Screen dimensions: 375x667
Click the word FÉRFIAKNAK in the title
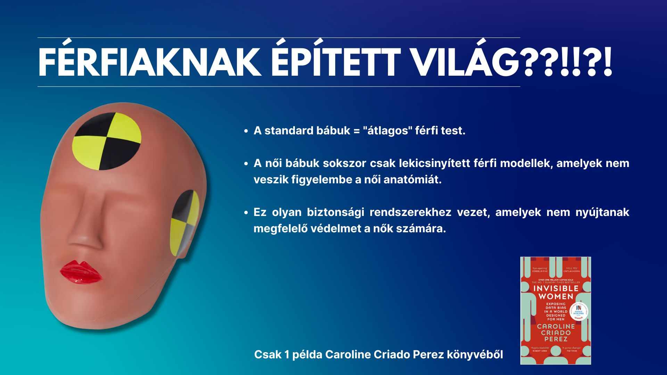pyautogui.click(x=149, y=62)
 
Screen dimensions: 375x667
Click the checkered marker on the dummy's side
pyautogui.click(x=184, y=222)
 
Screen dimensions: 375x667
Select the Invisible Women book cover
pyautogui.click(x=555, y=310)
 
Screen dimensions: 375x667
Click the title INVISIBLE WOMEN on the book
pyautogui.click(x=556, y=292)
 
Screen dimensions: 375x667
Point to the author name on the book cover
pyautogui.click(x=556, y=332)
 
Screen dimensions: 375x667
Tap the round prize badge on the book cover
pyautogui.click(x=579, y=311)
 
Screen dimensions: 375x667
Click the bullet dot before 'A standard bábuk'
pyautogui.click(x=246, y=131)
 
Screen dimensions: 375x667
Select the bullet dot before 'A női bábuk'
pyautogui.click(x=246, y=164)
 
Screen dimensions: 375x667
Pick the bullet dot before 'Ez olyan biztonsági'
pyautogui.click(x=246, y=212)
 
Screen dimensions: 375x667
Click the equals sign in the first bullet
pyautogui.click(x=356, y=131)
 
